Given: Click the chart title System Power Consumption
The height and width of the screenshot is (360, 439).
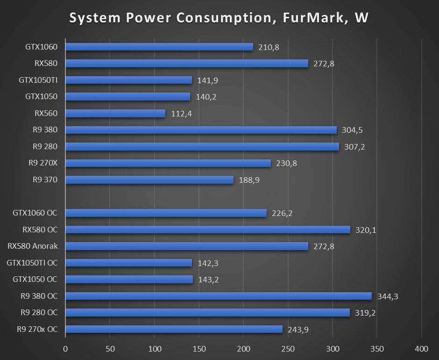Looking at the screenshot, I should (x=219, y=18).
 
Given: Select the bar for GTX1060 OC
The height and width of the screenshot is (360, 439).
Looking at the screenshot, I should (x=166, y=213).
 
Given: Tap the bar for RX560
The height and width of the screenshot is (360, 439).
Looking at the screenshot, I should (x=115, y=114).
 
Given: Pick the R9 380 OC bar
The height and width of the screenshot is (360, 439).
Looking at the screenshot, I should (x=219, y=296).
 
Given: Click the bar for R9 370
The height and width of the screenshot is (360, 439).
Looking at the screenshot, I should (x=149, y=180).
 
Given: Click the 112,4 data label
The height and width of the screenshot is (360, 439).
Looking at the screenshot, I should (x=181, y=114).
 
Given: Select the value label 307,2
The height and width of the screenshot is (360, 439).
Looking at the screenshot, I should (x=354, y=147).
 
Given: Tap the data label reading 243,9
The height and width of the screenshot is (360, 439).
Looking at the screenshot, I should (x=297, y=330).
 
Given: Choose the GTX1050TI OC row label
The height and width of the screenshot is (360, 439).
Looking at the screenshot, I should (x=32, y=263).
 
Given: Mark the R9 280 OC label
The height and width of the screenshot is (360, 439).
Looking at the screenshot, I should (x=39, y=312).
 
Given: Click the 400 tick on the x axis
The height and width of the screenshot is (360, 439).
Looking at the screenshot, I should (x=421, y=348).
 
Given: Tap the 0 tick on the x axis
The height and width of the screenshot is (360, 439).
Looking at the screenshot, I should (x=65, y=348).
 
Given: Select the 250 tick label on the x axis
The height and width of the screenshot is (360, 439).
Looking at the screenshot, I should (x=288, y=348).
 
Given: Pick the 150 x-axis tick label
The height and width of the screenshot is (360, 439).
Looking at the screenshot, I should (x=199, y=348).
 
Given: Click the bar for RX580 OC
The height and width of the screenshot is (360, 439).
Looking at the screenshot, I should (x=208, y=230).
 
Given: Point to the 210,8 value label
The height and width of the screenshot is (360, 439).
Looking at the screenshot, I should (x=269, y=47).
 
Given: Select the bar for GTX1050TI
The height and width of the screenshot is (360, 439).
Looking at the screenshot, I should (x=129, y=80).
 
